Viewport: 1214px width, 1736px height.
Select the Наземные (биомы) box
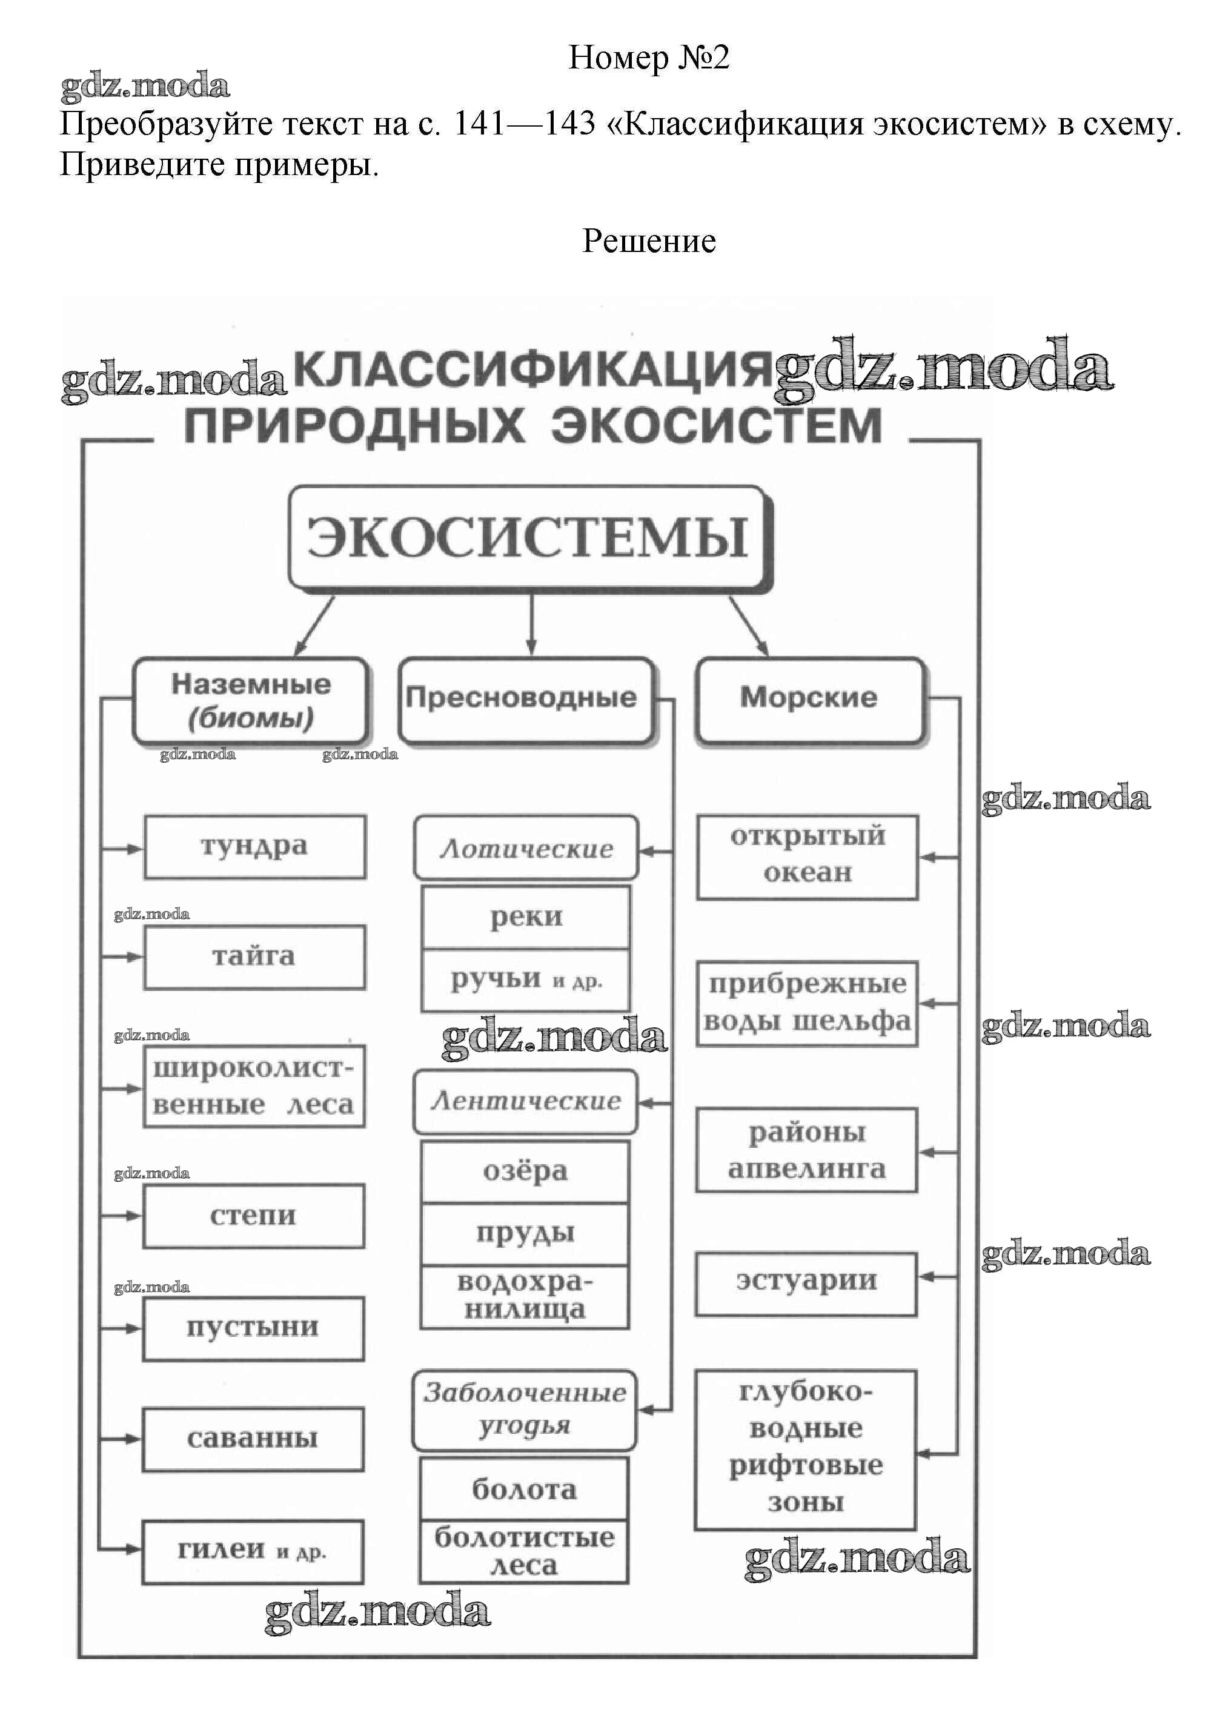251,700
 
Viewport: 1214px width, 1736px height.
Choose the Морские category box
809,698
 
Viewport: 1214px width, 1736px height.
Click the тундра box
254,846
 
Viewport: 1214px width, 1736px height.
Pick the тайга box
254,956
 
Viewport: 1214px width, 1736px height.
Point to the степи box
253,1215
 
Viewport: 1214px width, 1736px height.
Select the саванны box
253,1438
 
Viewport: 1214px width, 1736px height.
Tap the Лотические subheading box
526,847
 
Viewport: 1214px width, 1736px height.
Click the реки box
526,917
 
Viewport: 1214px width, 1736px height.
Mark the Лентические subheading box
526,1101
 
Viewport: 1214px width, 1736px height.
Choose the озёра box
525,1171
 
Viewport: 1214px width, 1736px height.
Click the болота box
524,1489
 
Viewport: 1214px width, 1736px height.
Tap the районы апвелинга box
806,1150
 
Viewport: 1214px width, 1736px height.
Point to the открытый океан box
807,856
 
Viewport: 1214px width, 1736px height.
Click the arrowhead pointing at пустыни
133,1328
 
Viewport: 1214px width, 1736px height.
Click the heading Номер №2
648,58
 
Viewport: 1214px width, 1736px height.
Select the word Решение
648,241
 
